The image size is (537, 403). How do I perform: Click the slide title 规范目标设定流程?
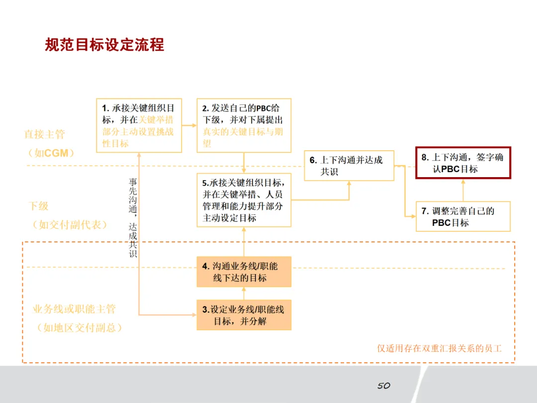[104, 45]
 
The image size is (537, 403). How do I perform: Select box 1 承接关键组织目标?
[139, 125]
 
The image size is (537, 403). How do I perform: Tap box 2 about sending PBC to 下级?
[244, 125]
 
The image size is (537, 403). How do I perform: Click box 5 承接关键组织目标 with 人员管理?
[244, 200]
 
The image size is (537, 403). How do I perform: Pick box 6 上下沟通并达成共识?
[349, 166]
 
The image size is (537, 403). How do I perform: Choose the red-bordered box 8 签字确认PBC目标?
[463, 163]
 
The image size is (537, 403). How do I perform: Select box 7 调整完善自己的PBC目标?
[463, 216]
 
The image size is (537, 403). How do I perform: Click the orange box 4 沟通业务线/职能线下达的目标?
[244, 272]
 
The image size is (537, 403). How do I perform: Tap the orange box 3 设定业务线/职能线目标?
[244, 315]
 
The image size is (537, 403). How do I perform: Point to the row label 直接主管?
[45, 134]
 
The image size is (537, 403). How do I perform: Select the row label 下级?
[39, 206]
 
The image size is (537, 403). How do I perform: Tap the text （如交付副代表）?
[70, 224]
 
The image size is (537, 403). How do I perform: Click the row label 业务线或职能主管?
[74, 309]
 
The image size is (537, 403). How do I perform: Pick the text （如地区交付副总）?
[79, 328]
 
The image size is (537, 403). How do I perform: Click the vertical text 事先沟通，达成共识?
[133, 218]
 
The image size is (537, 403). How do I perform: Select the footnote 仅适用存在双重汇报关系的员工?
[439, 348]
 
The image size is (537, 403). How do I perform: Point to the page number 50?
[383, 386]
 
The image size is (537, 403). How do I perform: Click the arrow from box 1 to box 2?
[189, 125]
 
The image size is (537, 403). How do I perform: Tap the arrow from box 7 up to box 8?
[463, 190]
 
